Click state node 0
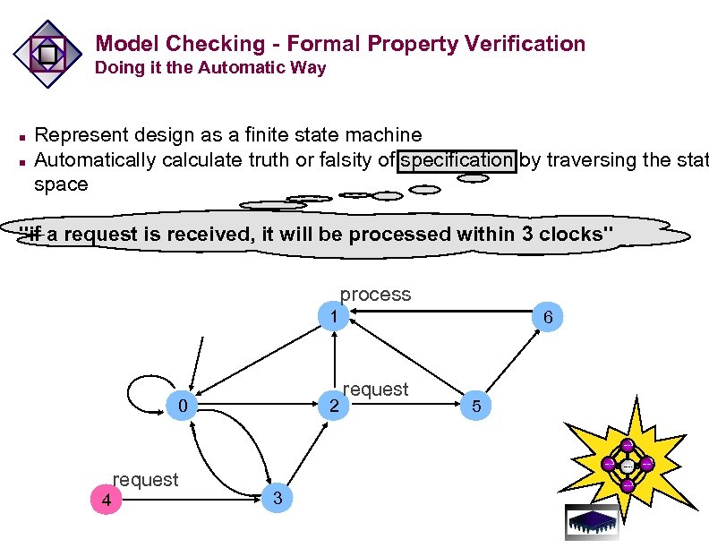point(183,407)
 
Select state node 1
point(333,317)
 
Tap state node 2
point(333,407)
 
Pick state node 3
point(278,498)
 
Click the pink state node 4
point(106,501)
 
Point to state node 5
point(476,407)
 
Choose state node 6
point(548,317)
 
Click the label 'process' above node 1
point(375,295)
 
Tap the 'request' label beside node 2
point(375,390)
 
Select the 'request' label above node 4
point(145,480)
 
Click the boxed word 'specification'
point(457,160)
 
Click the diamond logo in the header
point(47,54)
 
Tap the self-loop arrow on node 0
point(136,390)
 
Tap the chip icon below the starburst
point(592,522)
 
